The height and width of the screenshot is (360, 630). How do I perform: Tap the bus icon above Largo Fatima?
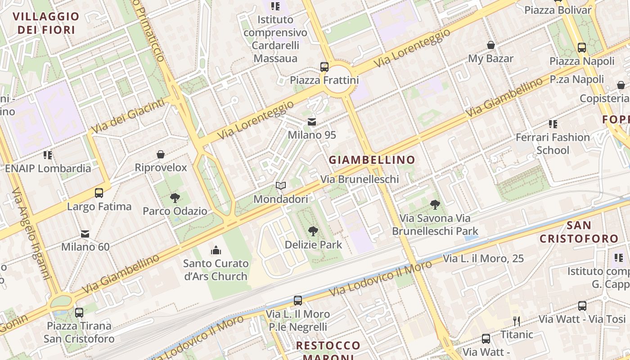click(x=99, y=193)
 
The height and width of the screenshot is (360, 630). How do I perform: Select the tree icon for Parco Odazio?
click(x=175, y=198)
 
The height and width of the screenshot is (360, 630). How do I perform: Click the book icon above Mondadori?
click(x=281, y=185)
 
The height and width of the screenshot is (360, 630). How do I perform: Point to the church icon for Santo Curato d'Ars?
click(x=216, y=250)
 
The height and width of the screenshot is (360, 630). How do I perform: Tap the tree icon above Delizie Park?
click(x=313, y=231)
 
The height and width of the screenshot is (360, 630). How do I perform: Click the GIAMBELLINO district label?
click(x=372, y=160)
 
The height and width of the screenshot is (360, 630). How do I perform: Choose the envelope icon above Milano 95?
click(x=312, y=122)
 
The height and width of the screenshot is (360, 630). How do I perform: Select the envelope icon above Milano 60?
click(x=85, y=234)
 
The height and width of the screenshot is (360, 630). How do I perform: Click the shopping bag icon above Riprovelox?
click(x=161, y=155)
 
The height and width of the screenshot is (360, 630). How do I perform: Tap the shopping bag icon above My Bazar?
click(x=491, y=45)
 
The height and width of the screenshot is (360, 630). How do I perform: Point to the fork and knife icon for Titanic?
click(x=517, y=321)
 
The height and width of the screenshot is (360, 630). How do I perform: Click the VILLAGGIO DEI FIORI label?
click(x=46, y=23)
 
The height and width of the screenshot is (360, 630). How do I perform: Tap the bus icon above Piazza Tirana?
click(x=79, y=312)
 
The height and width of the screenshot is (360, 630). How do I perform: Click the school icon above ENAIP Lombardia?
click(x=48, y=155)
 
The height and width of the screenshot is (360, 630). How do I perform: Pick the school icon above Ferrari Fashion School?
click(x=553, y=124)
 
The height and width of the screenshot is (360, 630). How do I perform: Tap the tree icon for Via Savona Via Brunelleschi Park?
click(x=435, y=205)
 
